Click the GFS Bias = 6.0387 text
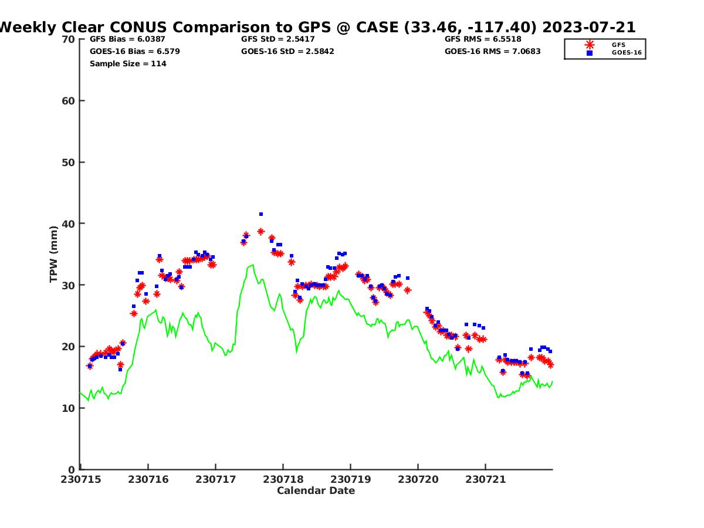point(127,39)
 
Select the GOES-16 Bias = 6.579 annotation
point(135,51)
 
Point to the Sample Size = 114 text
point(128,63)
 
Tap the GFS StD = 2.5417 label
point(277,39)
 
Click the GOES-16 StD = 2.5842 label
point(287,51)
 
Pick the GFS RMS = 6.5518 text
point(483,39)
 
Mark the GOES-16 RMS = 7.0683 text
point(492,51)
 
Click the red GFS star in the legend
point(590,45)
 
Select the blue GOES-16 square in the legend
point(590,53)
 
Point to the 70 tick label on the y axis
point(68,39)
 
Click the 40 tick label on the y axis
point(68,224)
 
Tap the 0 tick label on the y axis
point(71,470)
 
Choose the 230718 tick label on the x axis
point(283,479)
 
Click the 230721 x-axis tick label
point(485,479)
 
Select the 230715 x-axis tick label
point(81,479)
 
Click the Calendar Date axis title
point(316,491)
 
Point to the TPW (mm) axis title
point(53,254)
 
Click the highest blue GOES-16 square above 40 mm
point(261,214)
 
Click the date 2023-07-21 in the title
point(589,27)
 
